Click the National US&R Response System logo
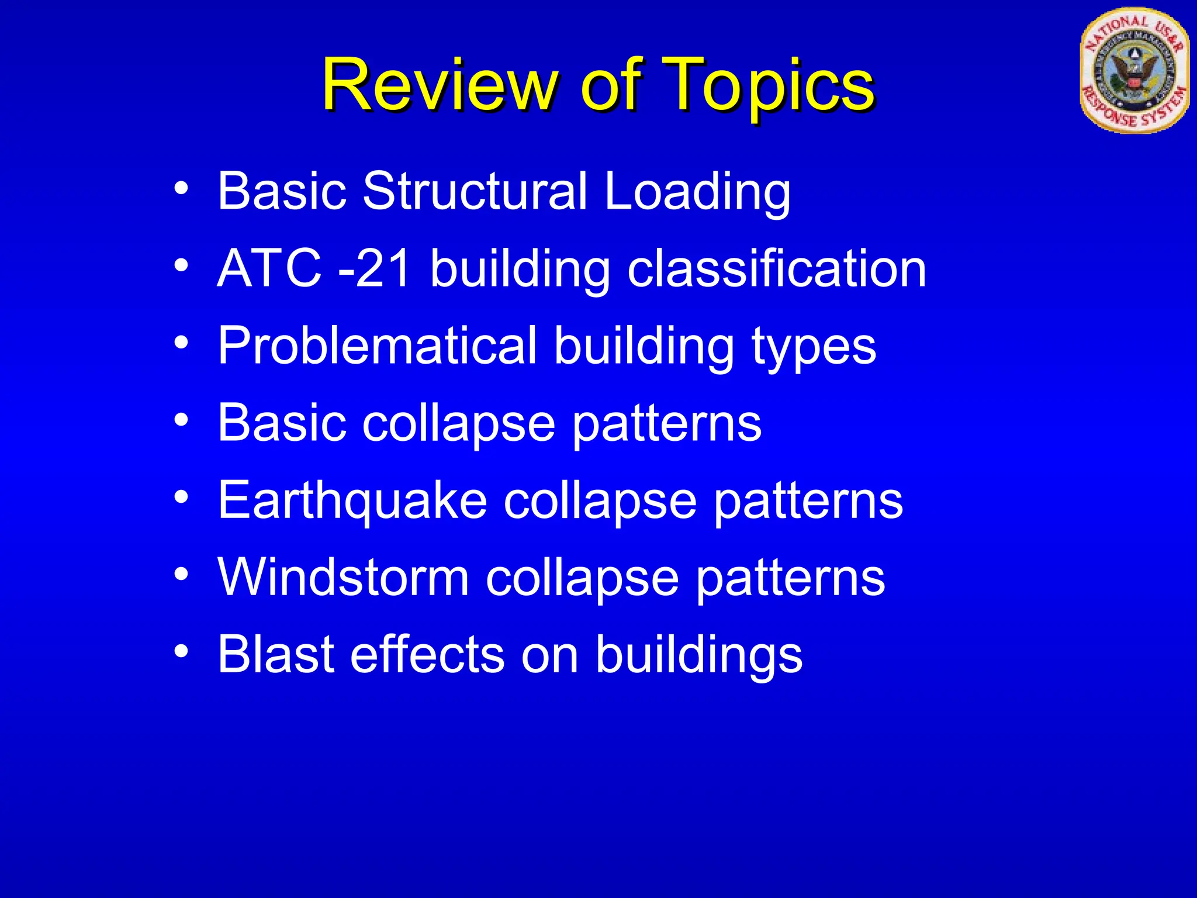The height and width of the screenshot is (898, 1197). tap(1134, 71)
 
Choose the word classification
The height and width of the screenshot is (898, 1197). tap(777, 269)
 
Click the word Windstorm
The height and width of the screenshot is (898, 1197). tap(344, 578)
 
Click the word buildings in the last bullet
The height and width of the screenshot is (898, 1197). tap(699, 655)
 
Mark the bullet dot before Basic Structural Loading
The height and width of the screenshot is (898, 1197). tap(181, 188)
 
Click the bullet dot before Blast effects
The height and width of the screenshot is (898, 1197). tap(181, 651)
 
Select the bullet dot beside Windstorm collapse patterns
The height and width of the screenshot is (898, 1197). tap(181, 574)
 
